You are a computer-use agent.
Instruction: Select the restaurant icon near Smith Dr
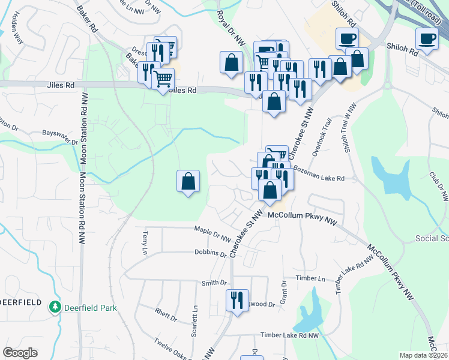[x=236, y=300]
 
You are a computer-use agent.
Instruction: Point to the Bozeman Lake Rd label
[x=320, y=178]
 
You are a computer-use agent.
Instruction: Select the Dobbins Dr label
[x=210, y=253]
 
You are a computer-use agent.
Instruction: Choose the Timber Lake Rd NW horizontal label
[x=289, y=336]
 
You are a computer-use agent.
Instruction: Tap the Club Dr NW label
[x=439, y=187]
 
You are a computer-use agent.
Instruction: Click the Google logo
[x=20, y=353]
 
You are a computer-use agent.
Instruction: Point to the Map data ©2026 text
[x=423, y=355]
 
